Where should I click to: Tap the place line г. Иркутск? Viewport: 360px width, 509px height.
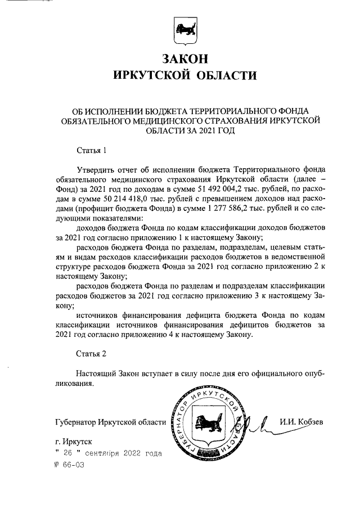point(74,443)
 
